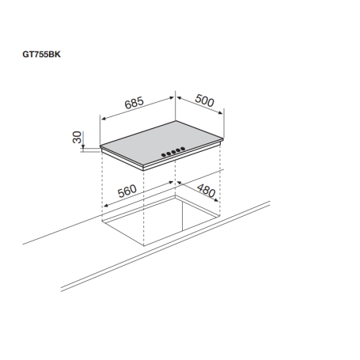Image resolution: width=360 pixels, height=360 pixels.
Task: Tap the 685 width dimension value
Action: (x=136, y=101)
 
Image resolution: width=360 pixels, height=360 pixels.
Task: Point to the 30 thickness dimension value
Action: (x=78, y=138)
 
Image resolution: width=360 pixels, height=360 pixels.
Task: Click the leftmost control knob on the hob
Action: (x=164, y=154)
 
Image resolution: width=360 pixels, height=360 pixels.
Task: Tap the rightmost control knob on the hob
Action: (x=183, y=149)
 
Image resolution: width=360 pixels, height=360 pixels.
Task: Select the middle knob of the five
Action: (x=173, y=151)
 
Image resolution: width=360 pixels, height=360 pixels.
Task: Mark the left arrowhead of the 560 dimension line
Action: (x=104, y=207)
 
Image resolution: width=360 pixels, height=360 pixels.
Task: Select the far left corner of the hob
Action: (x=101, y=146)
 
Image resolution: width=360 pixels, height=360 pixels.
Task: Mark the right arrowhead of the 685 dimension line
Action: (x=174, y=97)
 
